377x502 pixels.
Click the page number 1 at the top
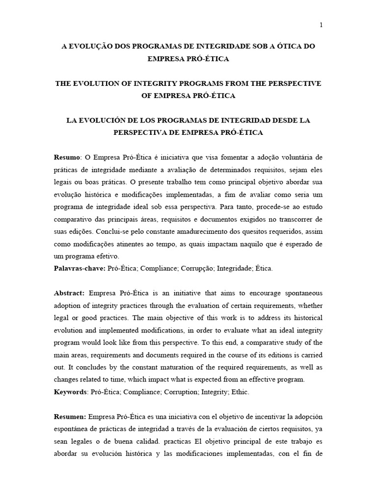click(321, 25)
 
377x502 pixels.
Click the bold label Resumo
click(66, 157)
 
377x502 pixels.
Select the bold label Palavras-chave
click(79, 268)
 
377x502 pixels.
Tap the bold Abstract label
click(69, 293)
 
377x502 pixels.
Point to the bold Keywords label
click(70, 392)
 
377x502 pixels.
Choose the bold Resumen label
click(70, 417)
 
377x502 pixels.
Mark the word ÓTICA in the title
click(289, 46)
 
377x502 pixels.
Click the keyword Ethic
click(241, 392)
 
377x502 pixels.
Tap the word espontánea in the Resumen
click(72, 429)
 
